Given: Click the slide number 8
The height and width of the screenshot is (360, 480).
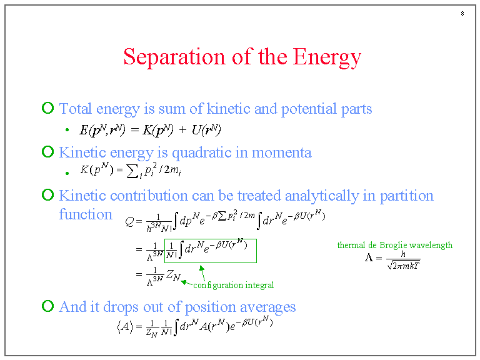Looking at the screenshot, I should point(461,14).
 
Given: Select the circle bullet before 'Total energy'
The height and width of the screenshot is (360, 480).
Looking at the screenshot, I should point(47,109).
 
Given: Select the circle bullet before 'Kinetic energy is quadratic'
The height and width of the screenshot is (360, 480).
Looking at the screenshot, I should point(47,152).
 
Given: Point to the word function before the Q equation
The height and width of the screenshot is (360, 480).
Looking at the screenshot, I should point(86,214).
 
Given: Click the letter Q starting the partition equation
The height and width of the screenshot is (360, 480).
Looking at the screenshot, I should point(129,221).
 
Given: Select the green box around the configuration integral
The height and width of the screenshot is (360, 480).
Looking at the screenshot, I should point(210,251).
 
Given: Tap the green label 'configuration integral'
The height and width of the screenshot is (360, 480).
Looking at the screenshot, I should point(233,286).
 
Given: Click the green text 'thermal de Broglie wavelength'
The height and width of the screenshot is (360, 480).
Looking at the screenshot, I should point(394,245).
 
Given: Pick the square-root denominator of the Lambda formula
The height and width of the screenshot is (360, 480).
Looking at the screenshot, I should point(403,266).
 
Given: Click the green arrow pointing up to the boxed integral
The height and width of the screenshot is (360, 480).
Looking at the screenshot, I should point(202,272).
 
